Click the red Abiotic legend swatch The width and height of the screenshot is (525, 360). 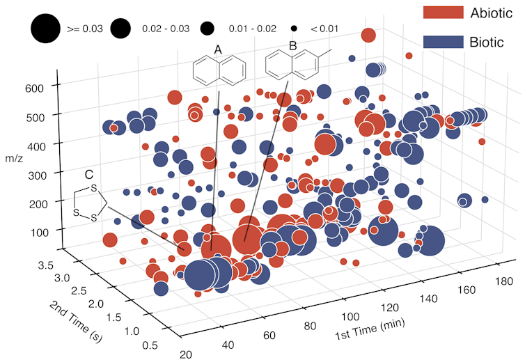pyautogui.click(x=442, y=13)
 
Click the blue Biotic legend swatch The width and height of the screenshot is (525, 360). pyautogui.click(x=442, y=42)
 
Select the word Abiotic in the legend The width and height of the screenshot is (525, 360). pyautogui.click(x=492, y=13)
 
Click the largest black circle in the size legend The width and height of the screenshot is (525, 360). pyautogui.click(x=45, y=29)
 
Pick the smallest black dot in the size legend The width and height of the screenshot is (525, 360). pyautogui.click(x=294, y=29)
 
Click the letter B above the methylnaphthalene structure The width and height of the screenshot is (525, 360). pyautogui.click(x=292, y=45)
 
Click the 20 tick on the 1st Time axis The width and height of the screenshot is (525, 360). pyautogui.click(x=186, y=354)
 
